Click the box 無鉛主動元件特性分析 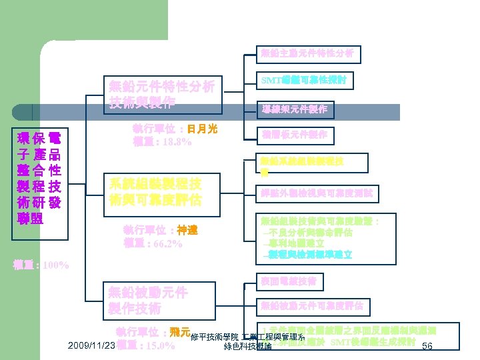307,53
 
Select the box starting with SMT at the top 307,81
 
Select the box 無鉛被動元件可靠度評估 312,306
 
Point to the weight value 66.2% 166,243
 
